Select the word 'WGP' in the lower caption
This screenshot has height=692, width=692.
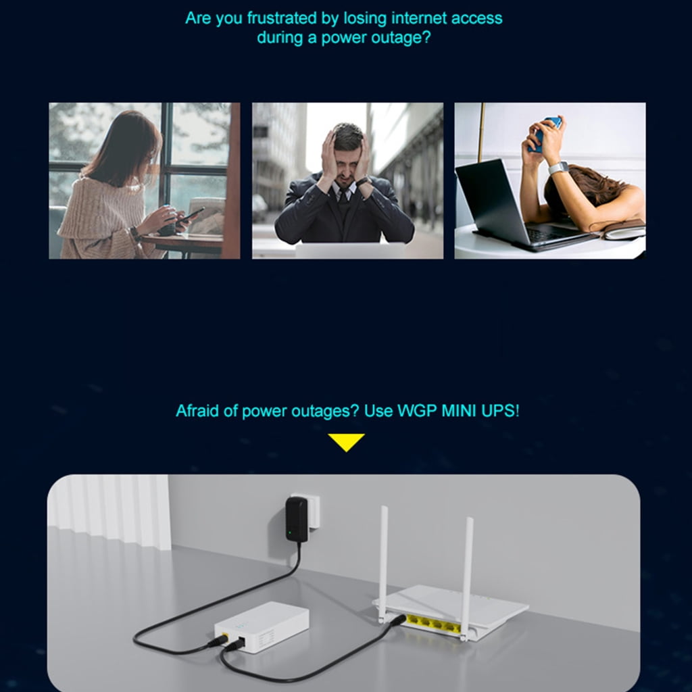[417, 411]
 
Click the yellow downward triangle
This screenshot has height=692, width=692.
[346, 442]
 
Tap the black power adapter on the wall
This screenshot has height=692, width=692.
[297, 520]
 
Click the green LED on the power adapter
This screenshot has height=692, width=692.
[289, 532]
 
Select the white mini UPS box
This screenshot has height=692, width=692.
[262, 626]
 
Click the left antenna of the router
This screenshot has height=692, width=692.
[384, 564]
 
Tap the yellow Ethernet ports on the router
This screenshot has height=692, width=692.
[433, 624]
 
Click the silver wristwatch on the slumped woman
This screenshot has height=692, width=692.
[558, 168]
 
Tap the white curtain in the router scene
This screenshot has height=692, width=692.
[109, 512]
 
